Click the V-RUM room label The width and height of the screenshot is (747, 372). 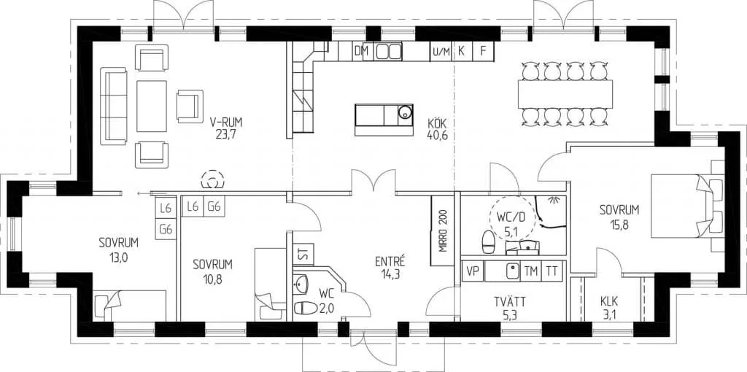point(226,122)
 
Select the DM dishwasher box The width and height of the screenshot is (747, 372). point(363,52)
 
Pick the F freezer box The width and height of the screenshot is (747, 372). point(483,52)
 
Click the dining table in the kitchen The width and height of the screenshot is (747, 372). point(565,94)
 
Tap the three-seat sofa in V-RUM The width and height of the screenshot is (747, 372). point(113,106)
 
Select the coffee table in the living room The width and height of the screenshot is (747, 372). point(152,106)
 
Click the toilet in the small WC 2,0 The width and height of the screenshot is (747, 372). point(305,308)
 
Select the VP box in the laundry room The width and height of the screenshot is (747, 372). point(473,272)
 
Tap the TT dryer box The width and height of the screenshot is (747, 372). point(551,271)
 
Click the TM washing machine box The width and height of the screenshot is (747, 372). point(531,271)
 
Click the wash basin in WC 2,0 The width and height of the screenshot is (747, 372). point(302,285)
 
